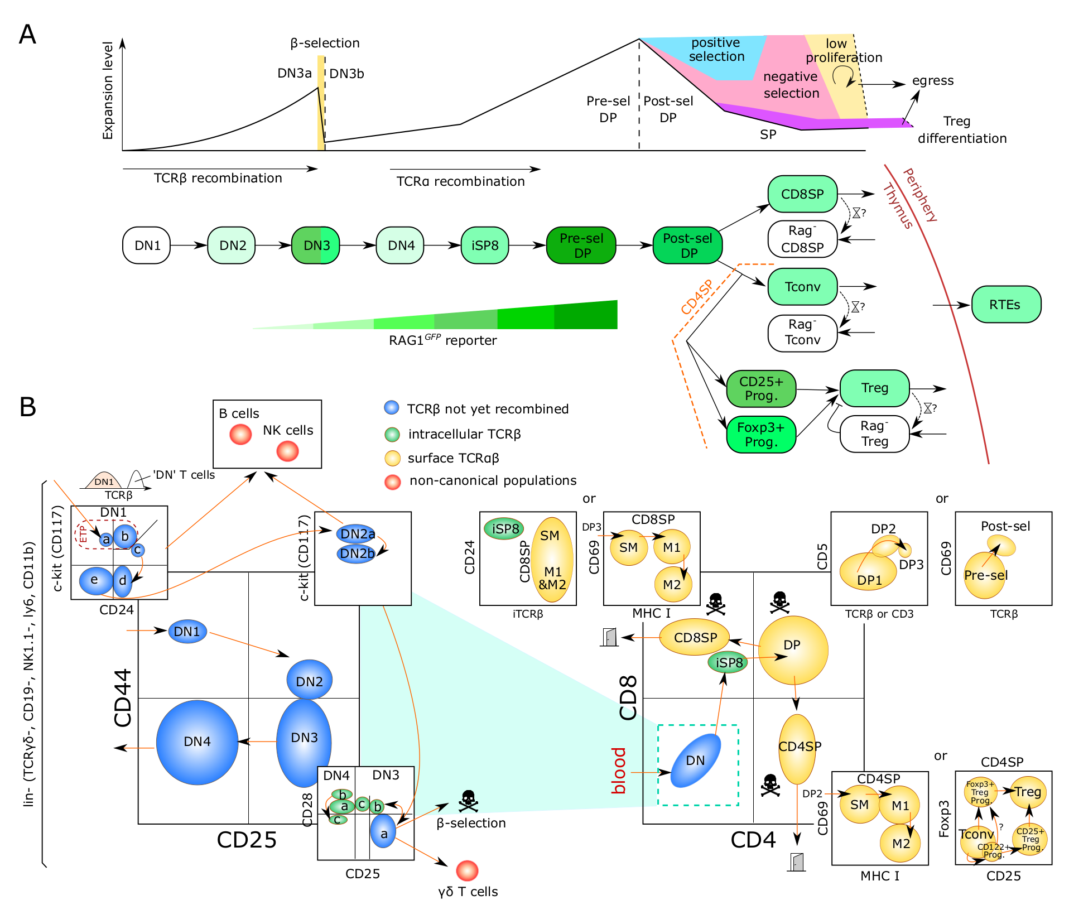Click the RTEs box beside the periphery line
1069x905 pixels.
click(1006, 305)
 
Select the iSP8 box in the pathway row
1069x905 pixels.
click(485, 245)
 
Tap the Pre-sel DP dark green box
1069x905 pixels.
click(581, 245)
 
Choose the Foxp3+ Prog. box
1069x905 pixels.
click(761, 435)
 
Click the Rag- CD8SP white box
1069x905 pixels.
click(803, 239)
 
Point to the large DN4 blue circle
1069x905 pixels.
click(197, 742)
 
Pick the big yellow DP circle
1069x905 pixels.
click(793, 650)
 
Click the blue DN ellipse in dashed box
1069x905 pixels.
click(695, 760)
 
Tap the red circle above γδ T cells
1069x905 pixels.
click(467, 870)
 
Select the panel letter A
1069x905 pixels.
click(27, 35)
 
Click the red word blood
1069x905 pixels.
click(619, 771)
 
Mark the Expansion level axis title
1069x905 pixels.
click(108, 90)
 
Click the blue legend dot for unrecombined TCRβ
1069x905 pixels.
click(392, 408)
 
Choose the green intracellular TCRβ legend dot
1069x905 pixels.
click(392, 434)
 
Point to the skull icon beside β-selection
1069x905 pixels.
click(468, 801)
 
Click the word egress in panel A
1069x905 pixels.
click(933, 81)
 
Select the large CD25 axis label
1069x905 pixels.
click(247, 840)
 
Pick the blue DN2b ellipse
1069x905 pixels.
click(357, 553)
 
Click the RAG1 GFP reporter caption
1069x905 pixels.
click(442, 340)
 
